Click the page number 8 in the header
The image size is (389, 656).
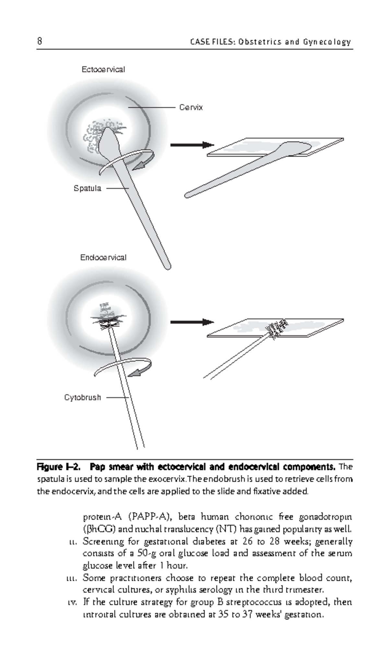click(39, 41)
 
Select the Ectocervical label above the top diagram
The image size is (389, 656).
click(103, 69)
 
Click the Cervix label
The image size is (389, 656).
click(191, 107)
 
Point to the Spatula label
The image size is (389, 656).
click(87, 188)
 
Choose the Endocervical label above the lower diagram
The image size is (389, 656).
click(103, 257)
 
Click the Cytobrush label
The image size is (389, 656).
click(82, 397)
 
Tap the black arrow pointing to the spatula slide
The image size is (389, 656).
click(192, 145)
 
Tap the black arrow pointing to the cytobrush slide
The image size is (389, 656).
click(192, 322)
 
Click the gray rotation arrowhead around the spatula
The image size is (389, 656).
click(140, 166)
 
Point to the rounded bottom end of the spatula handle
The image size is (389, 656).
click(167, 266)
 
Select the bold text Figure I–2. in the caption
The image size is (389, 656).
click(58, 467)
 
